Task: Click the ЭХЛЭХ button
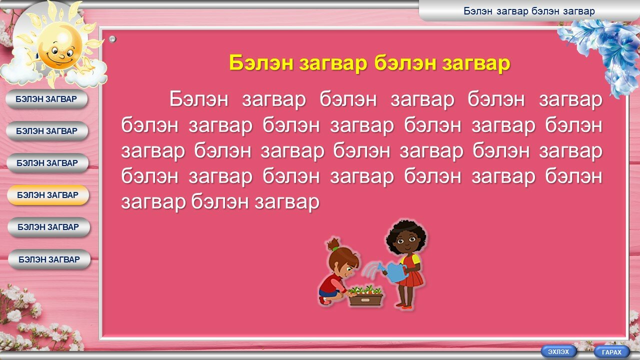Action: [x=558, y=351]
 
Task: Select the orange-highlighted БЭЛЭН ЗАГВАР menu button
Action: [x=48, y=195]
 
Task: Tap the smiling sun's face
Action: [x=60, y=45]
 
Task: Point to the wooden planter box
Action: [x=366, y=299]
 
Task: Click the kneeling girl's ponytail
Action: [x=333, y=244]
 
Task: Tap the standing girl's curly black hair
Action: [x=406, y=235]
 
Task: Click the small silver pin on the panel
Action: [x=112, y=39]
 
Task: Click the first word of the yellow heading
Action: [x=261, y=63]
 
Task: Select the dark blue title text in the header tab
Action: [x=529, y=11]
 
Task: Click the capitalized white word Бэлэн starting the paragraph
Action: [x=199, y=99]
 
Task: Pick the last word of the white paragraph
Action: [x=287, y=202]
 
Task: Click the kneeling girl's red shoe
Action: [x=324, y=300]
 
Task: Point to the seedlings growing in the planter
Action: [x=365, y=290]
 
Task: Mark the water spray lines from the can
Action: [x=371, y=270]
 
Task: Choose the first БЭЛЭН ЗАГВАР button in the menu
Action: [x=46, y=99]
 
